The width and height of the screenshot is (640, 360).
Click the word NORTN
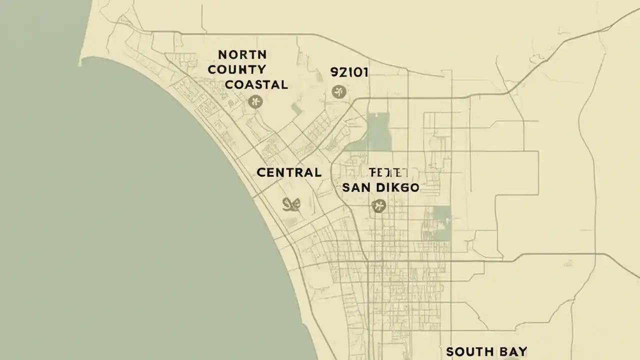(242, 54)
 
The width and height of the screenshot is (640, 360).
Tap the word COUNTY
(237, 69)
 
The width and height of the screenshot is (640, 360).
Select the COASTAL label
(256, 84)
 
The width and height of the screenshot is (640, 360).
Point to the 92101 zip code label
(349, 72)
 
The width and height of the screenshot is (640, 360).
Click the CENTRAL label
(289, 173)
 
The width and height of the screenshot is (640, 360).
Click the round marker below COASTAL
(255, 102)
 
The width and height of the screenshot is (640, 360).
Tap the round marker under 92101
(338, 91)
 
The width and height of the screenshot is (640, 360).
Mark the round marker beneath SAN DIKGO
(378, 205)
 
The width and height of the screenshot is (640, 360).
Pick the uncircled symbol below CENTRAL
(291, 203)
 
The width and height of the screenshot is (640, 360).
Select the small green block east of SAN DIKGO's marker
(441, 215)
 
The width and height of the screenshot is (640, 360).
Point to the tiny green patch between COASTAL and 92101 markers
(297, 109)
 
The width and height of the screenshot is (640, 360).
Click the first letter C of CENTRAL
(261, 173)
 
